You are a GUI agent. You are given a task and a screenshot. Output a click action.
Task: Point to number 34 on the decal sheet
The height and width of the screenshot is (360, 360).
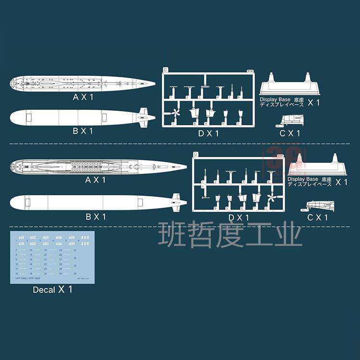[x=75, y=273]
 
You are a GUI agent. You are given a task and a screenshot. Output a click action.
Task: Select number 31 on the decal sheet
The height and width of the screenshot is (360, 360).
[x=75, y=250]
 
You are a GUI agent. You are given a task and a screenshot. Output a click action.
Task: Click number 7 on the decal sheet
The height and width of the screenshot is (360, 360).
[x=16, y=250]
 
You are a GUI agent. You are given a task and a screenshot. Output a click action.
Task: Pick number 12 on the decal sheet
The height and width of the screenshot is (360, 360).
[x=17, y=273]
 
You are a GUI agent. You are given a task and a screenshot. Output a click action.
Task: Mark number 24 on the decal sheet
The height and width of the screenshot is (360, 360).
[x=46, y=273]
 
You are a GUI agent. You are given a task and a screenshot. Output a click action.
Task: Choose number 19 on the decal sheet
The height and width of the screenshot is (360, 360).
[x=46, y=250]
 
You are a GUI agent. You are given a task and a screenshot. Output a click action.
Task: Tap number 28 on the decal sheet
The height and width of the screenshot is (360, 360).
[x=61, y=264]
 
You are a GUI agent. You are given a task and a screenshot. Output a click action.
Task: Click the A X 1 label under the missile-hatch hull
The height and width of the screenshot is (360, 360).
[x=95, y=180]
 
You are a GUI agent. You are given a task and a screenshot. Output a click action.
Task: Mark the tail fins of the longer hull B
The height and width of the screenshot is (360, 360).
[x=178, y=202]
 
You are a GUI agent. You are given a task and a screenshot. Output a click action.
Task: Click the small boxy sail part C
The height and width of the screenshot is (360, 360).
[x=290, y=119]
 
